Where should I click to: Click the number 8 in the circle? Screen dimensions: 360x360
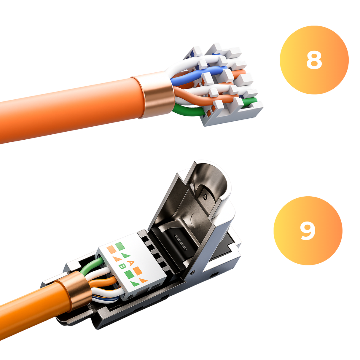click(314, 60)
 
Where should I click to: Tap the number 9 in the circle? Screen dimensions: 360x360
click(308, 231)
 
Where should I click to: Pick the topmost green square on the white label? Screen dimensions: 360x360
click(120, 246)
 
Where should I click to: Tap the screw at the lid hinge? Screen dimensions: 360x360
click(193, 271)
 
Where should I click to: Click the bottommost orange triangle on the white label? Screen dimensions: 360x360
click(143, 280)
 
